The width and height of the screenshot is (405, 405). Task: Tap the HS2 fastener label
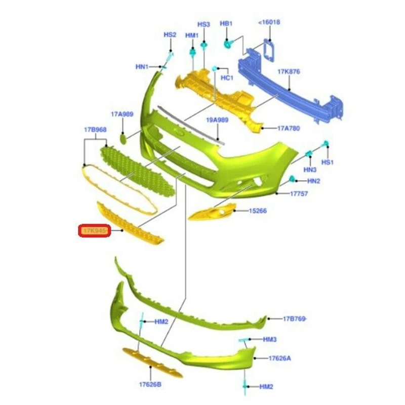click(x=170, y=35)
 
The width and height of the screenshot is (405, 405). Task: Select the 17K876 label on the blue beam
click(x=289, y=71)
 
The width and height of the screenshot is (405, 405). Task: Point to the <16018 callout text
click(x=269, y=22)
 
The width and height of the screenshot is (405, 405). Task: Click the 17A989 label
click(x=121, y=114)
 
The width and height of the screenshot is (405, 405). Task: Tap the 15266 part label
click(x=258, y=211)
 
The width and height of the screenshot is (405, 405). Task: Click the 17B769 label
click(x=295, y=318)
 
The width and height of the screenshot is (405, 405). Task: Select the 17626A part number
click(x=280, y=358)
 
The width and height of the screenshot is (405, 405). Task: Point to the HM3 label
click(x=270, y=339)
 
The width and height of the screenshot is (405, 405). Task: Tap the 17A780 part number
click(x=289, y=129)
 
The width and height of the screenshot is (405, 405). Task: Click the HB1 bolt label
click(x=226, y=24)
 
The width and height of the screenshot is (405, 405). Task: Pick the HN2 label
click(x=314, y=181)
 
